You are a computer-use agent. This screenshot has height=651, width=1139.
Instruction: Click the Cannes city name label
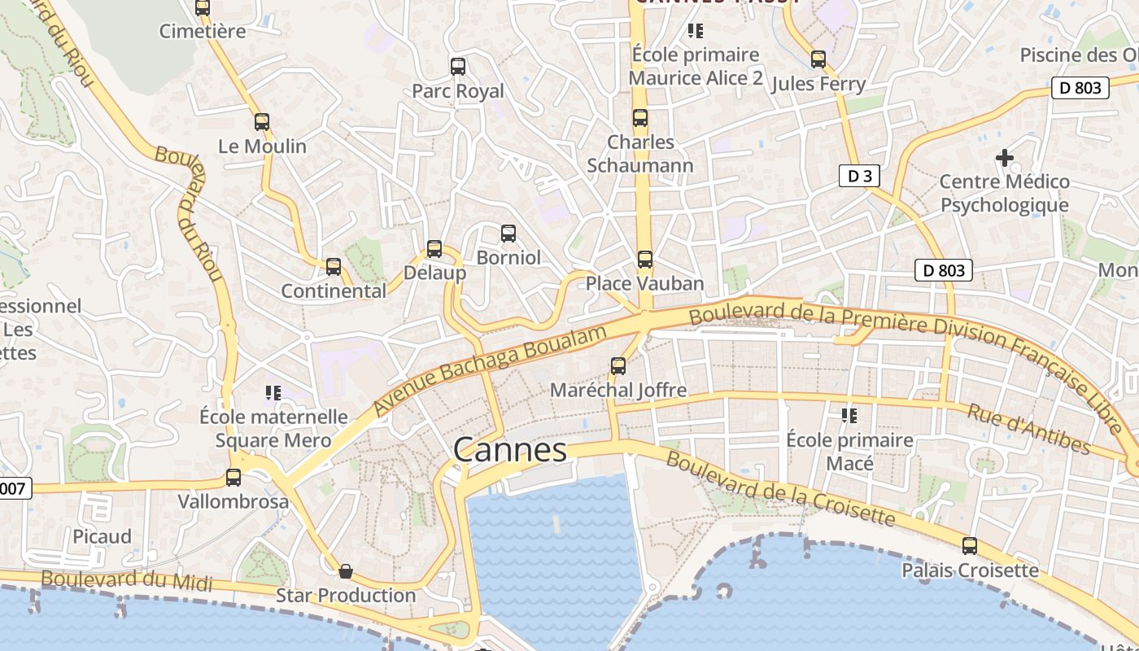pyautogui.click(x=509, y=450)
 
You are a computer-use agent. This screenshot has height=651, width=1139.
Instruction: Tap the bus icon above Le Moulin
pyautogui.click(x=261, y=122)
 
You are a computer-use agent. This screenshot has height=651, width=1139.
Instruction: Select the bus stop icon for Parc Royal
pyautogui.click(x=458, y=67)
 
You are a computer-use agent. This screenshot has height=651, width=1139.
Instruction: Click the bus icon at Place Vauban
pyautogui.click(x=644, y=260)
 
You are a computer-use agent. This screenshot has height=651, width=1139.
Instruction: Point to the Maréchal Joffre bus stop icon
pyautogui.click(x=618, y=366)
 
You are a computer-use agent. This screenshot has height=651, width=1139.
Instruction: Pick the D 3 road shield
pyautogui.click(x=859, y=176)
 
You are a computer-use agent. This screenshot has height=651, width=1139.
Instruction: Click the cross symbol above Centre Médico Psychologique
pyautogui.click(x=1005, y=157)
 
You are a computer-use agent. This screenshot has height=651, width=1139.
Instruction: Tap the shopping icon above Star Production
pyautogui.click(x=346, y=571)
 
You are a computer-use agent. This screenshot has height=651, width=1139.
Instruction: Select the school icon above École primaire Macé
pyautogui.click(x=849, y=416)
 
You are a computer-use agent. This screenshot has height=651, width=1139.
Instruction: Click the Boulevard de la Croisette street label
pyautogui.click(x=780, y=488)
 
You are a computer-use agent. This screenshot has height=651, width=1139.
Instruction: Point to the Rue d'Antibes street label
pyautogui.click(x=1028, y=428)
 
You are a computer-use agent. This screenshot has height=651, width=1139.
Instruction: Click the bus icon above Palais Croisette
pyautogui.click(x=969, y=545)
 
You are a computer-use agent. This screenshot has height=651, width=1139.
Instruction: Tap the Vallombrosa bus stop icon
pyautogui.click(x=233, y=478)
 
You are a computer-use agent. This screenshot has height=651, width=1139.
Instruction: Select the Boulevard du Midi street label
pyautogui.click(x=126, y=580)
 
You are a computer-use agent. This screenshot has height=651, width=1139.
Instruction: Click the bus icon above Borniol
pyautogui.click(x=508, y=234)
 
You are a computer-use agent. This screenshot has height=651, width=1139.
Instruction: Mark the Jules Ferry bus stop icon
pyautogui.click(x=818, y=59)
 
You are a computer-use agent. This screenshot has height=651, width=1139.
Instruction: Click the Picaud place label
pyautogui.click(x=102, y=536)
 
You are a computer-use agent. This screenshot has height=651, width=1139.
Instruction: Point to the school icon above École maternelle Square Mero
pyautogui.click(x=273, y=393)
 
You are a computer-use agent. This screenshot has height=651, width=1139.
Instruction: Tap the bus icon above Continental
pyautogui.click(x=334, y=267)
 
